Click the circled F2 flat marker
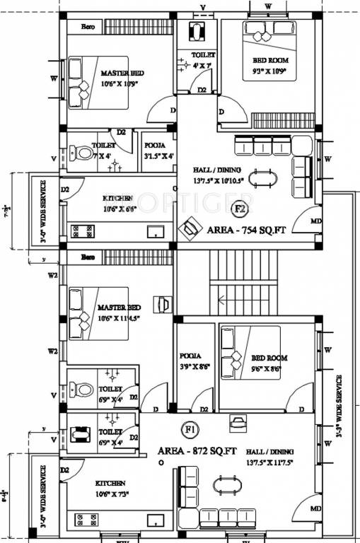240,209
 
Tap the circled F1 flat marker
190,428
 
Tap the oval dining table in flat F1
227,486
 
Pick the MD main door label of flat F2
316,221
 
